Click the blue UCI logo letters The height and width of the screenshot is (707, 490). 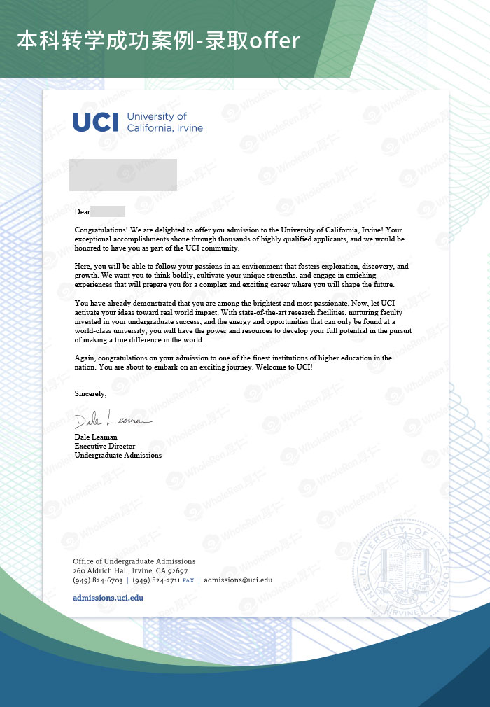coord(96,122)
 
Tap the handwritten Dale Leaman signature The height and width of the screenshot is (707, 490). coord(112,421)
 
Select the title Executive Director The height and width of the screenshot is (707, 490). coord(105,446)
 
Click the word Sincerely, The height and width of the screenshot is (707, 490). coord(90,394)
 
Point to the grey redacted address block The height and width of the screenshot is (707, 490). coord(123,175)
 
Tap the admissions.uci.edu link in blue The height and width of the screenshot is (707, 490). coord(108,598)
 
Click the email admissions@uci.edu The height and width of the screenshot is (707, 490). coord(238,580)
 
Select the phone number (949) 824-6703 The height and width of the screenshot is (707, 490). coord(97,580)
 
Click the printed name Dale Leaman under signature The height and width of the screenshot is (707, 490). coord(96,437)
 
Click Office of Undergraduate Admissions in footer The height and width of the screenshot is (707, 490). coord(134,561)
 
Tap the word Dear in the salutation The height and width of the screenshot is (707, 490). coord(83,211)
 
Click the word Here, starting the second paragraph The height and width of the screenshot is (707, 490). coord(84,267)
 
